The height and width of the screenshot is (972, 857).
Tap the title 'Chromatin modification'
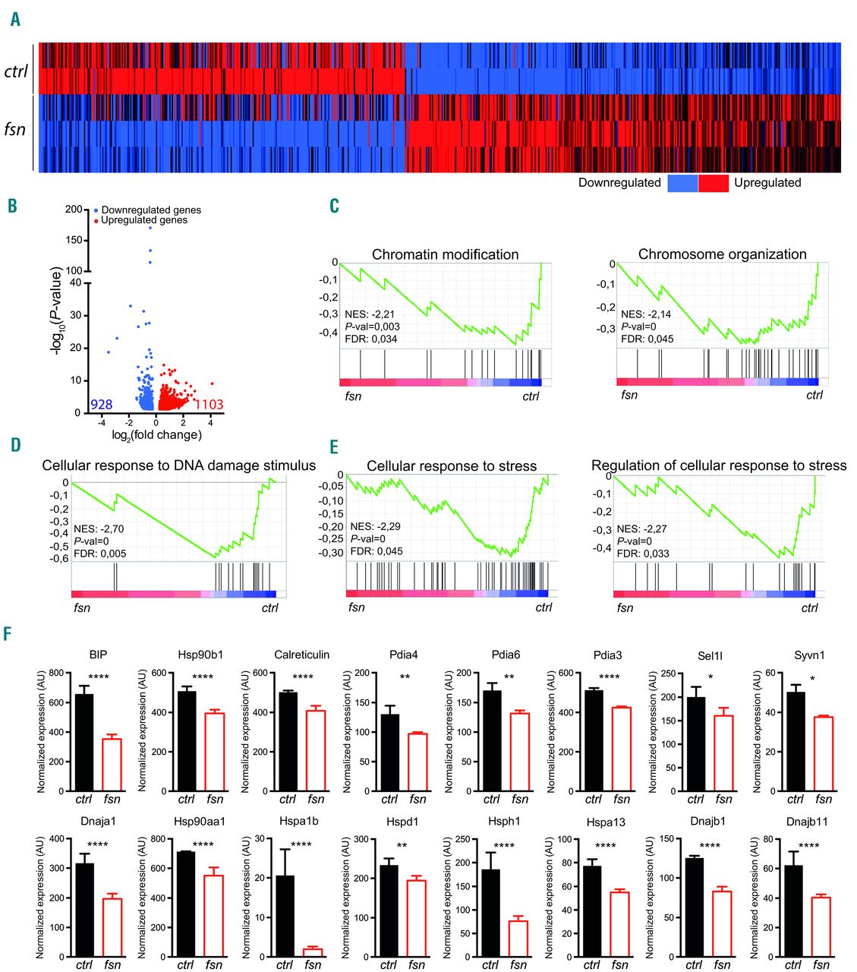pos(445,254)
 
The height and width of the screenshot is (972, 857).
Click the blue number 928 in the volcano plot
pos(101,405)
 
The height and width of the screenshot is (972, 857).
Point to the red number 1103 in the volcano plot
pos(209,405)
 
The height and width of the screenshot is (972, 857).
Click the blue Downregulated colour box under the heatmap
pos(682,183)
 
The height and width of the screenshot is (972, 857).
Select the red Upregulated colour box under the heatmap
pos(714,183)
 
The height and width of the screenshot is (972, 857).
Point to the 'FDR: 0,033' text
pos(643,554)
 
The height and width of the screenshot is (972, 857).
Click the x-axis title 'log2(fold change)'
pos(156,435)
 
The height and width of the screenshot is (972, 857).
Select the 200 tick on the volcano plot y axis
pos(74,210)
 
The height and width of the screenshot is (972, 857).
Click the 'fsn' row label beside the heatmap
pos(15,129)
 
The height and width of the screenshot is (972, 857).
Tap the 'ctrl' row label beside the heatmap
pos(16,71)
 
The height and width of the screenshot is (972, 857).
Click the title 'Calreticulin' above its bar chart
pos(301,655)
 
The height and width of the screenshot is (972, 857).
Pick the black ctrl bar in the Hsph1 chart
pos(490,913)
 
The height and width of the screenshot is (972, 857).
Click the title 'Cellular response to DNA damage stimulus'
pos(179,465)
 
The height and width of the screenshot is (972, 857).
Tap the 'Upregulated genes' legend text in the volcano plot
pos(144,220)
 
